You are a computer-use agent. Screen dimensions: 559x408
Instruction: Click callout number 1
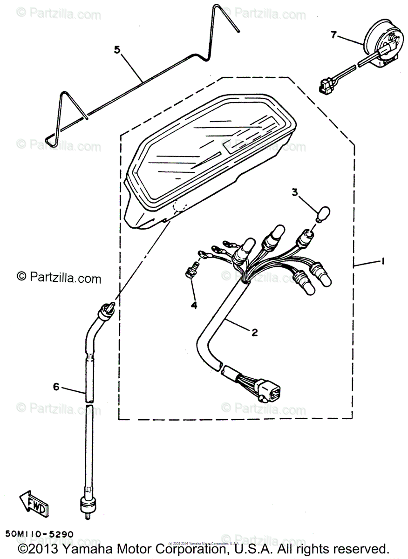(x=383, y=262)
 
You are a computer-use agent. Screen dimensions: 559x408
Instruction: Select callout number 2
(x=255, y=332)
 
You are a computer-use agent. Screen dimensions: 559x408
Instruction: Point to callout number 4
(x=193, y=305)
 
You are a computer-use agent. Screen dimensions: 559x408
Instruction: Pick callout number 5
(x=117, y=49)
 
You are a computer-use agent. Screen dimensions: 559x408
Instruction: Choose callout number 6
(x=56, y=386)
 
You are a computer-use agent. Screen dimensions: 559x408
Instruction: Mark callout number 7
(x=333, y=34)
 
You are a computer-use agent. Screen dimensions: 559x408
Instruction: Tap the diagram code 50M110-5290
(x=40, y=532)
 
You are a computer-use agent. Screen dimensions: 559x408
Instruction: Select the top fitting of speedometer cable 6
(x=106, y=310)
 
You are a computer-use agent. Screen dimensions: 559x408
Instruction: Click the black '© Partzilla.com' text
(x=59, y=278)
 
